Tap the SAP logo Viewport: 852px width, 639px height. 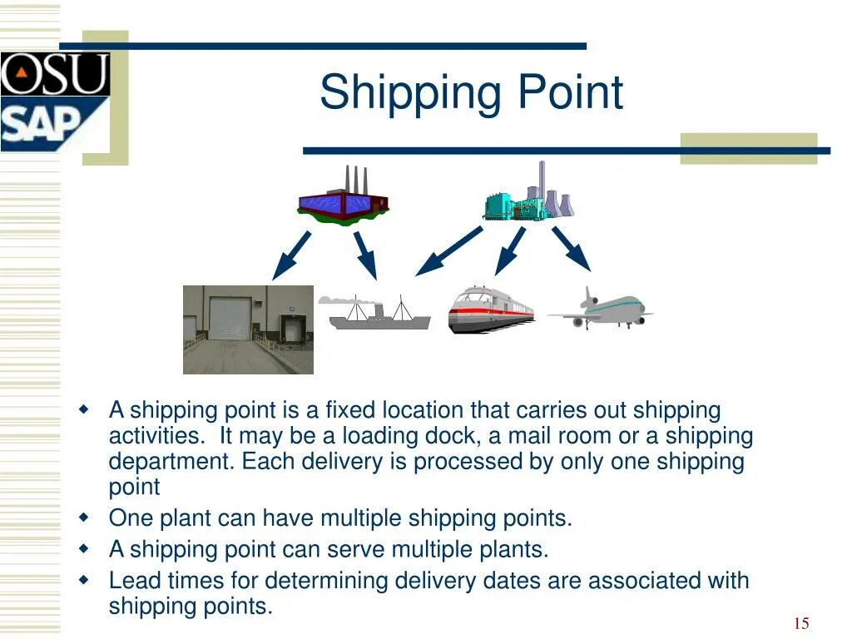[x=46, y=123]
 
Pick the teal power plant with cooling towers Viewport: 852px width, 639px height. [x=529, y=196]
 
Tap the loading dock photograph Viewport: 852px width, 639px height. [x=248, y=329]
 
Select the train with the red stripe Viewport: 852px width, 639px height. [x=490, y=310]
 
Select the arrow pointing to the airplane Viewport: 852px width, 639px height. [x=571, y=249]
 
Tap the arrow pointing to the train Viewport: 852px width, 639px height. [x=509, y=250]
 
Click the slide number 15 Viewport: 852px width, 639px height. [x=801, y=624]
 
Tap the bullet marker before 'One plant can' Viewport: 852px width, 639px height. [x=83, y=518]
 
